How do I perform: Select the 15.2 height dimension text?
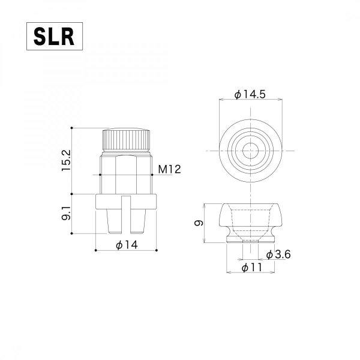(x=67, y=161)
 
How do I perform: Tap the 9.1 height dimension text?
(x=67, y=213)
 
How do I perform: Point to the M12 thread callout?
(x=170, y=170)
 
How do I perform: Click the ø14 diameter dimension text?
(x=127, y=245)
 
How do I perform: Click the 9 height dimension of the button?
(x=200, y=223)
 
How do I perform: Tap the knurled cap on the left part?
(x=127, y=139)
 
